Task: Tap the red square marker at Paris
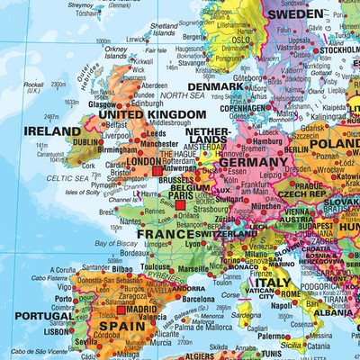pyautogui.click(x=180, y=206)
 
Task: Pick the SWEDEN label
pyautogui.click(x=296, y=14)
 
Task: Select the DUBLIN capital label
pyautogui.click(x=86, y=141)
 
